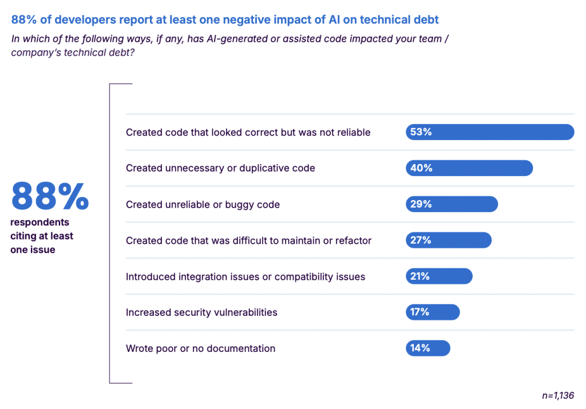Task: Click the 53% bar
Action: click(490, 132)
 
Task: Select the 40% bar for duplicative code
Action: click(469, 168)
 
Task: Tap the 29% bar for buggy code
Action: click(452, 204)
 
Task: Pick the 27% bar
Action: click(449, 240)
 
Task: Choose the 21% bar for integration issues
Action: click(439, 276)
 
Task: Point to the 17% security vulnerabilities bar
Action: click(433, 312)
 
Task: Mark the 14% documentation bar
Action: click(428, 348)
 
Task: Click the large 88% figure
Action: click(50, 196)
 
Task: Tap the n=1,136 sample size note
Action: click(557, 395)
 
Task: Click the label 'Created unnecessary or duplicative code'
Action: click(220, 168)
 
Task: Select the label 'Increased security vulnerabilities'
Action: click(201, 312)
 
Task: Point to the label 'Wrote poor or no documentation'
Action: click(200, 348)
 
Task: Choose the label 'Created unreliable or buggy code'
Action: click(203, 204)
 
